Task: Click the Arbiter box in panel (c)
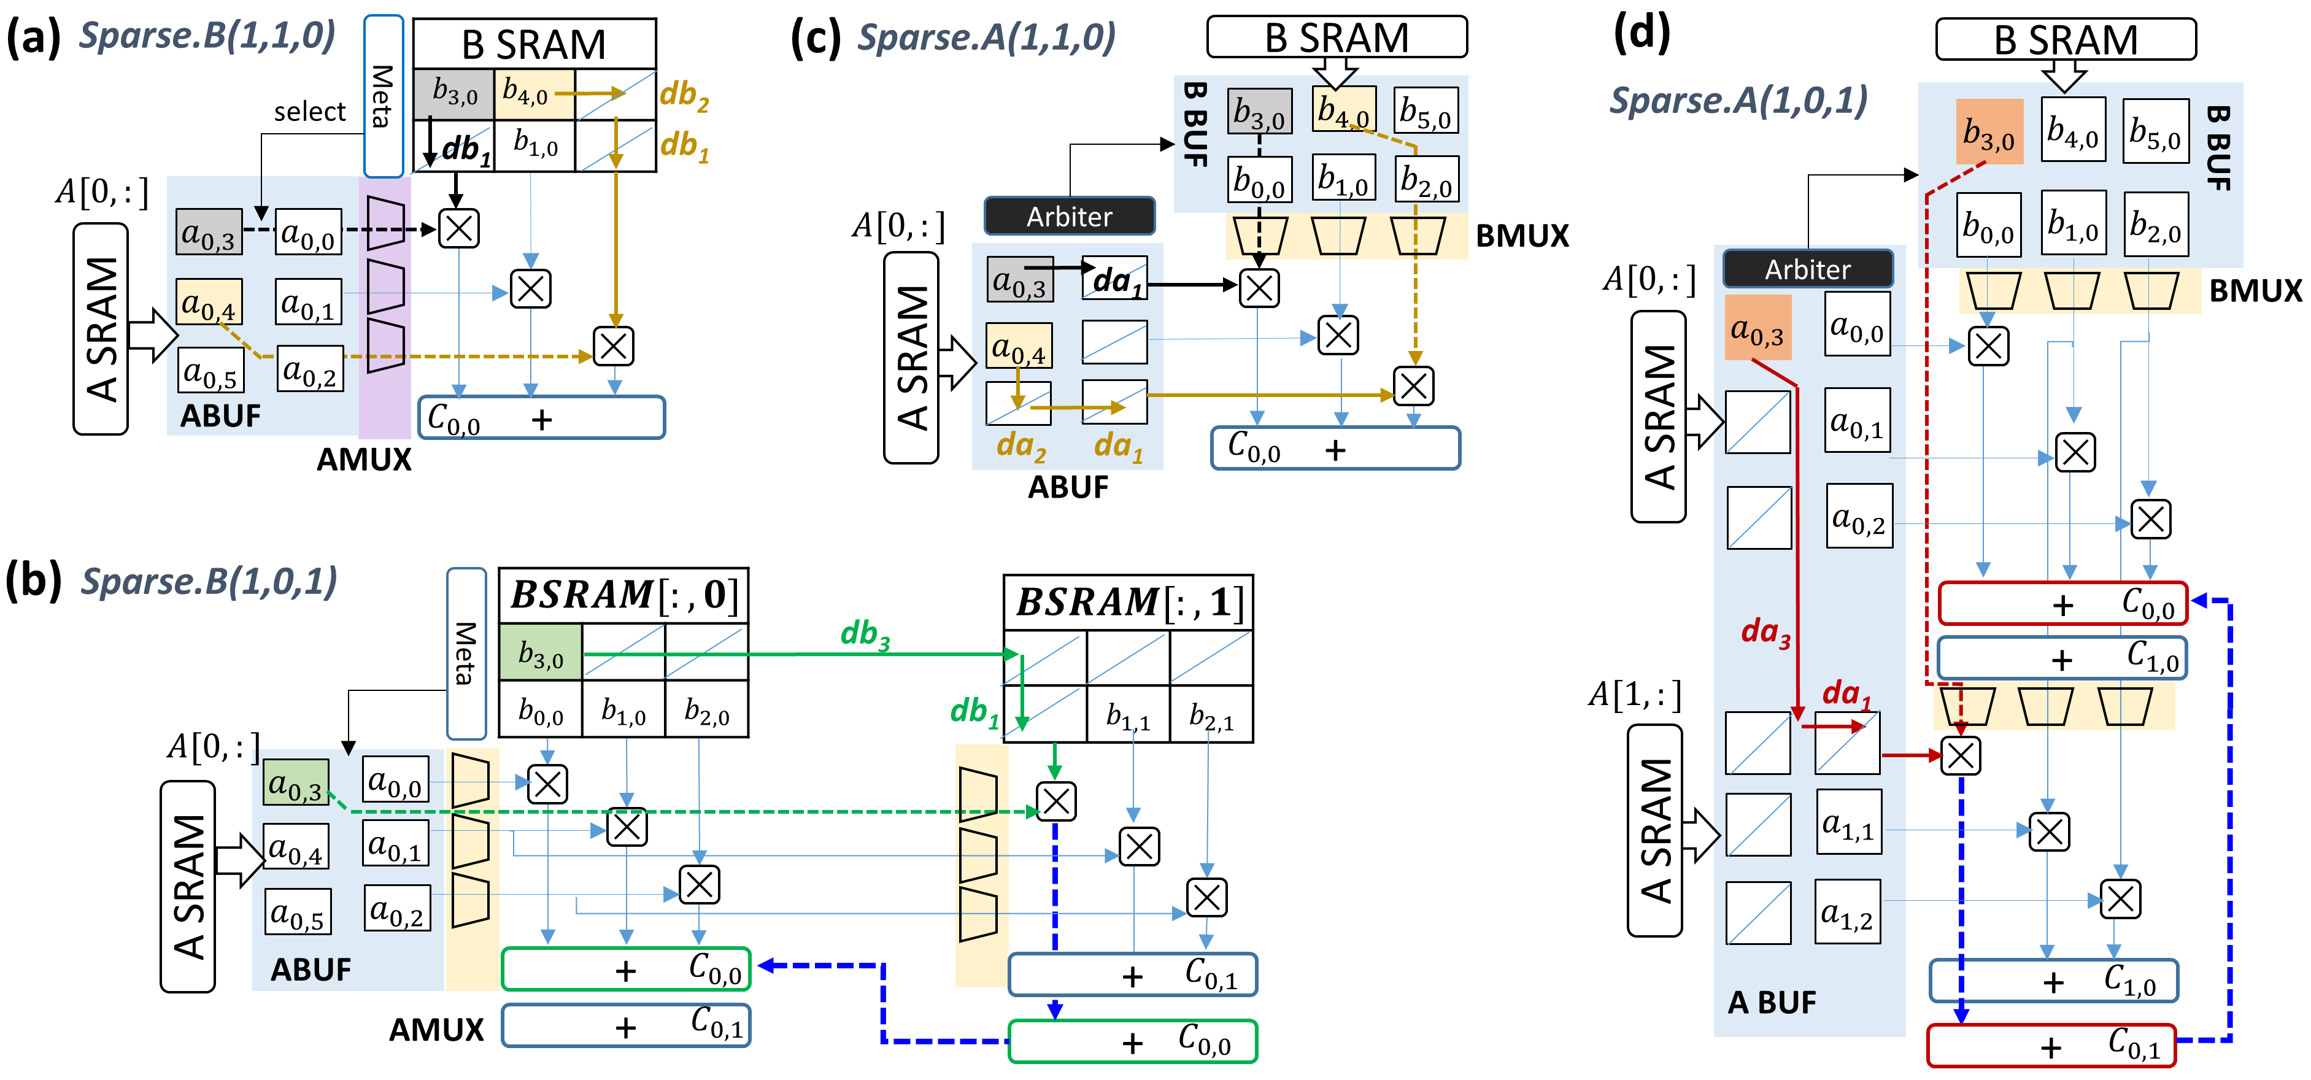(x=1070, y=216)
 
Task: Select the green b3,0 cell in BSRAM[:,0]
(x=540, y=653)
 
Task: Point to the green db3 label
(x=865, y=634)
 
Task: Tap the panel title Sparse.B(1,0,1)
(x=208, y=581)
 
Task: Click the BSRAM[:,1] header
(x=1128, y=602)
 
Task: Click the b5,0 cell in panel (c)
(x=1426, y=111)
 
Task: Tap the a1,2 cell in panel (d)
(x=1847, y=911)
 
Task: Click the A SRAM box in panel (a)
(x=101, y=328)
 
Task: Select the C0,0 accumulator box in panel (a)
(x=541, y=418)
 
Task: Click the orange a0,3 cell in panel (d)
(x=1757, y=328)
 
